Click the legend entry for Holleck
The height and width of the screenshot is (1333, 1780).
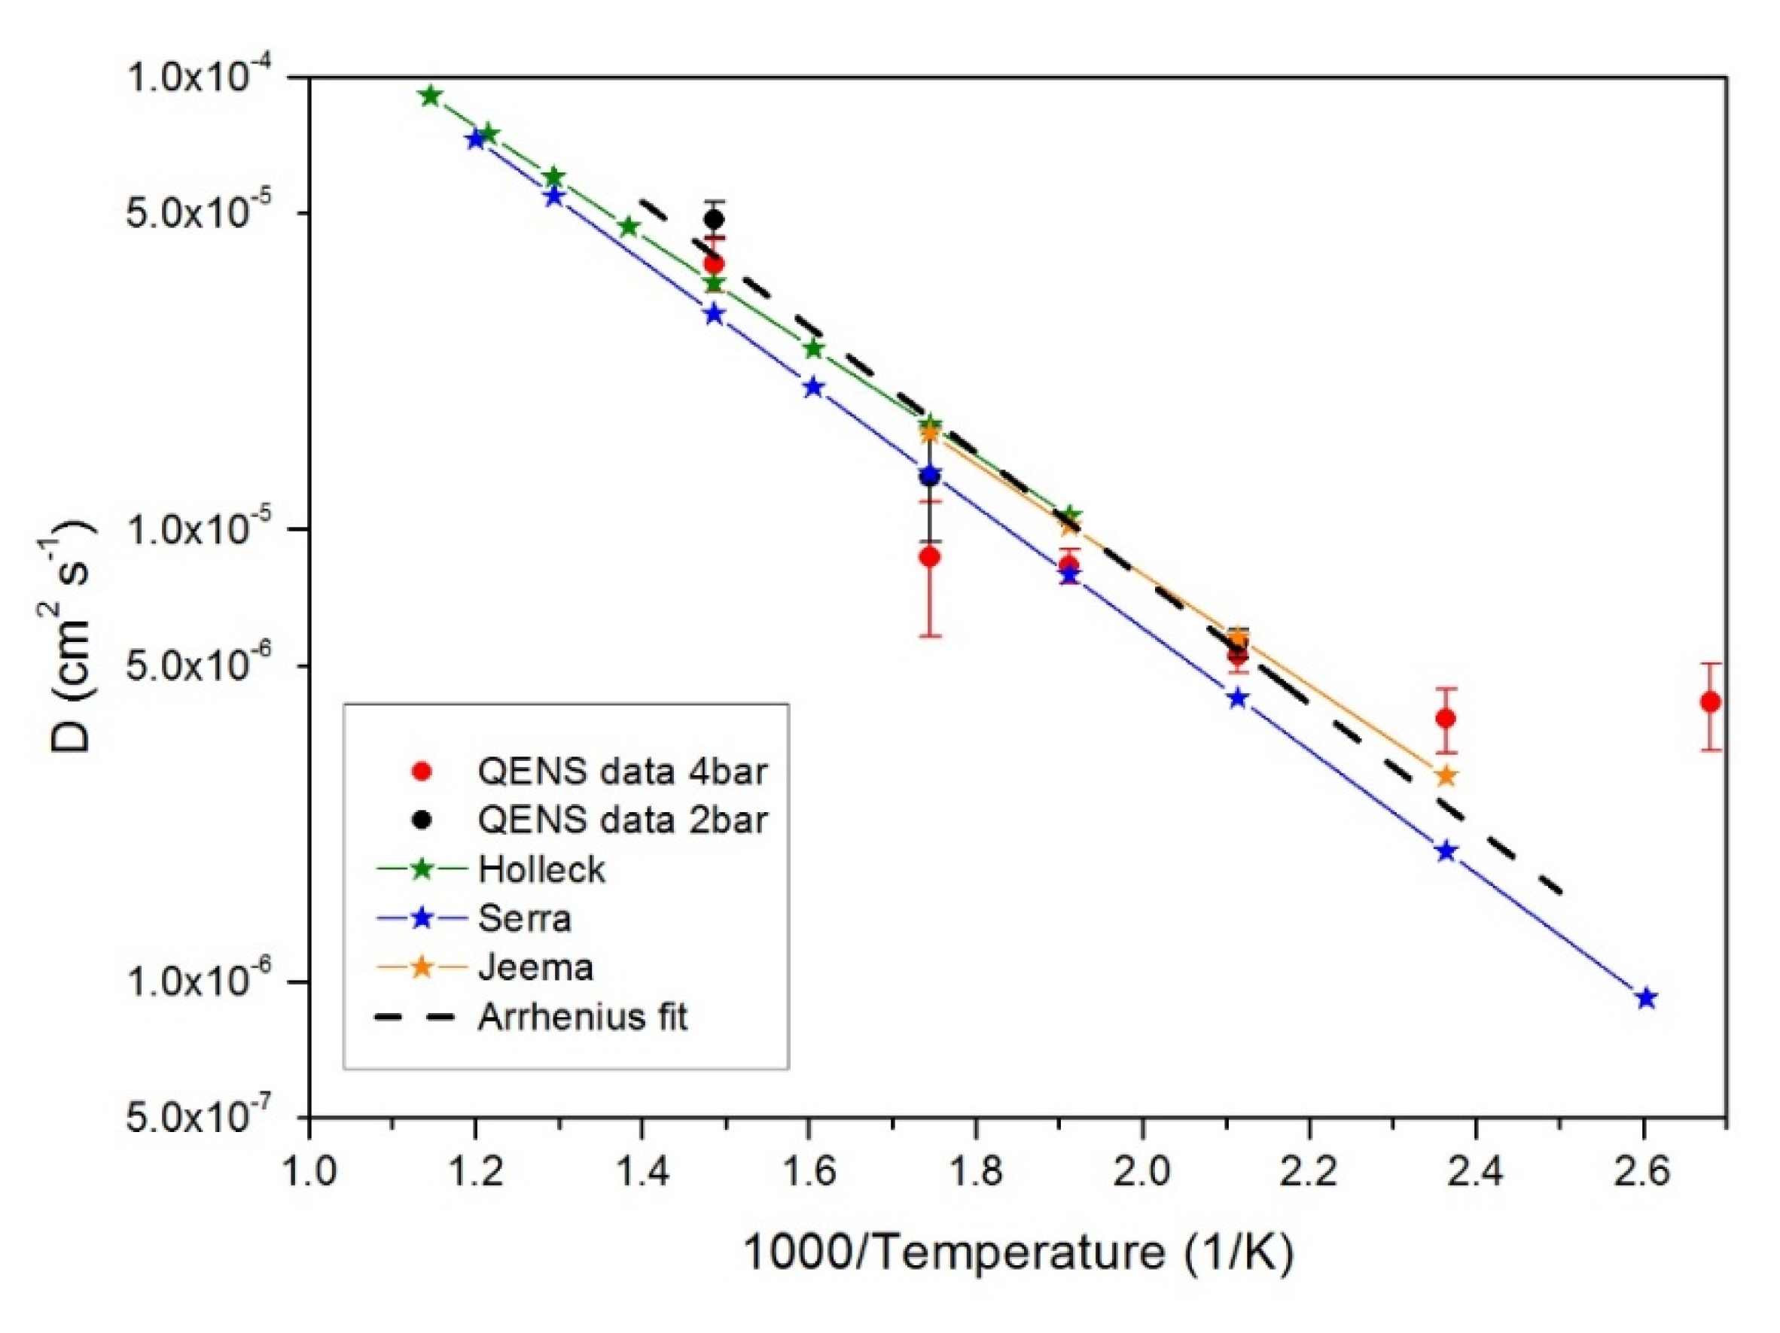pyautogui.click(x=541, y=869)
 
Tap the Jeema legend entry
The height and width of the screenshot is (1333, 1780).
pyautogui.click(x=535, y=967)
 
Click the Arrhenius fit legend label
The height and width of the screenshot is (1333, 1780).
pyautogui.click(x=583, y=1017)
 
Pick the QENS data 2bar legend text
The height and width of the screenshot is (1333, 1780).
pyautogui.click(x=622, y=820)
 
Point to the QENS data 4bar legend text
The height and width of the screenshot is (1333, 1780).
pyautogui.click(x=622, y=771)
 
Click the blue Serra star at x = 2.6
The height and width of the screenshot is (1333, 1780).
pyautogui.click(x=1647, y=998)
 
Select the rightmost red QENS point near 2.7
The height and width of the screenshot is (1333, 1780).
pyautogui.click(x=1711, y=702)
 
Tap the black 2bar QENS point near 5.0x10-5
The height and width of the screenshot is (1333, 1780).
pyautogui.click(x=714, y=219)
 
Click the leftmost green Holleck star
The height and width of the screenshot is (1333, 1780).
pyautogui.click(x=431, y=96)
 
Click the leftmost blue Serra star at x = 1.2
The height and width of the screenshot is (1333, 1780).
pyautogui.click(x=476, y=140)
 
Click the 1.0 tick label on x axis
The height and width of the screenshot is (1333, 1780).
pyautogui.click(x=309, y=1170)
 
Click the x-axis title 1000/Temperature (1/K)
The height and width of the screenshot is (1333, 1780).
pyautogui.click(x=1017, y=1252)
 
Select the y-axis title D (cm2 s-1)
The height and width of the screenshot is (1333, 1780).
pyautogui.click(x=68, y=635)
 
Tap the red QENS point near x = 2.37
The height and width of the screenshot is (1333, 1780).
pyautogui.click(x=1446, y=717)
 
